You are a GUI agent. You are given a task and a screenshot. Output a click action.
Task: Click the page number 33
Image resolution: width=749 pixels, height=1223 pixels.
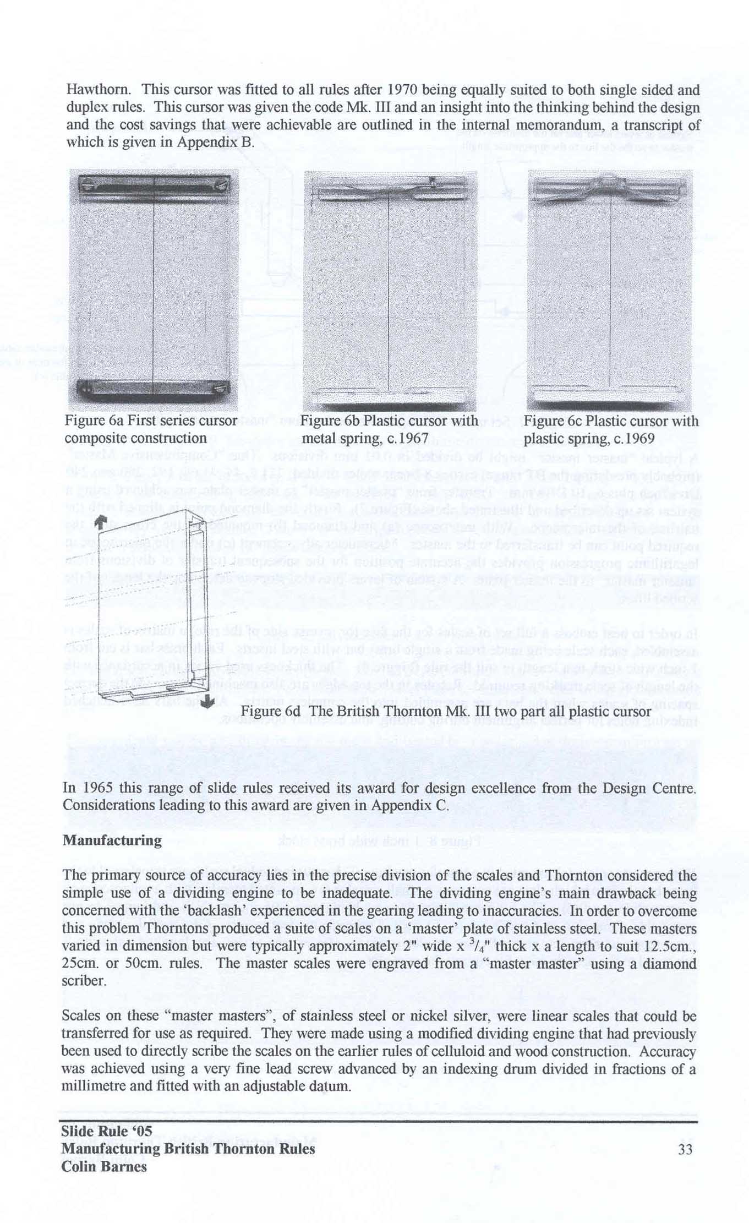pos(685,1150)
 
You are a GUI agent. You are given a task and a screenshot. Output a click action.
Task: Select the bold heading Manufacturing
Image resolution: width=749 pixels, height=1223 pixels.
pos(112,840)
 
